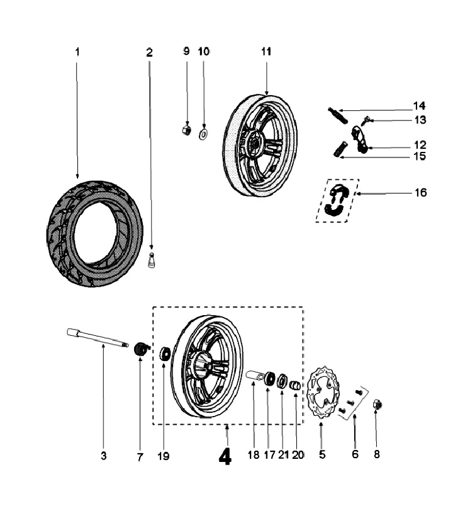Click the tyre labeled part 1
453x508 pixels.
(94, 233)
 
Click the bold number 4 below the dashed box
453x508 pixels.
(225, 456)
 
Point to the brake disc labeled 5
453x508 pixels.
(323, 394)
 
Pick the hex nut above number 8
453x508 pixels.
(377, 404)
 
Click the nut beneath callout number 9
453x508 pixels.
(186, 129)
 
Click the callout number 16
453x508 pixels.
(420, 192)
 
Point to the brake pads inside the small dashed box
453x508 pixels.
(337, 202)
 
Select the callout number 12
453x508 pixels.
(420, 145)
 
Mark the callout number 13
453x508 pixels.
(420, 119)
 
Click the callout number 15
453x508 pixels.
(420, 156)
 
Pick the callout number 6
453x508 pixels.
(355, 454)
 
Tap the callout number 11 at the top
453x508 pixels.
(266, 52)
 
